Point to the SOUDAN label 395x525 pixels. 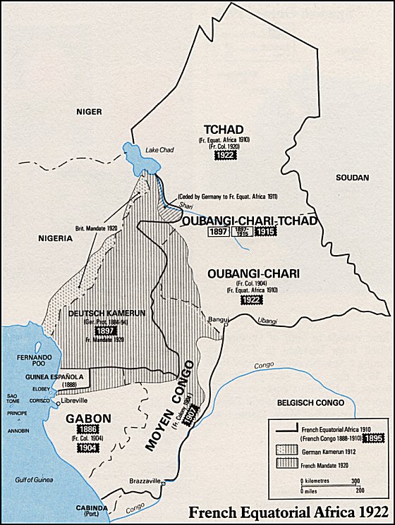(x=351, y=177)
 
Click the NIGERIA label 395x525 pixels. (x=54, y=238)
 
